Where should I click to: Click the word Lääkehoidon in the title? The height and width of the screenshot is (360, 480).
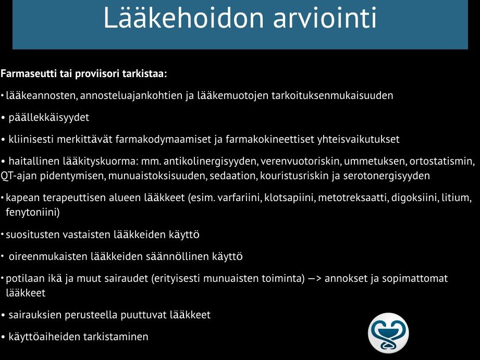183,17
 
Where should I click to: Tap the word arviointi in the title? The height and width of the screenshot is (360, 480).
325,17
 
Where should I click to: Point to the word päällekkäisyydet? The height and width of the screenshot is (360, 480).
48,118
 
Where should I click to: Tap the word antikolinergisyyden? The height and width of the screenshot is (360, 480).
211,162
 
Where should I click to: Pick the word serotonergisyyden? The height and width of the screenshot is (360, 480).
386,176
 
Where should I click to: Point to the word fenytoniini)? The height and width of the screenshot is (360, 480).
33,213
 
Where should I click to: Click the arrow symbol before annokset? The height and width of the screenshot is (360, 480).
314,279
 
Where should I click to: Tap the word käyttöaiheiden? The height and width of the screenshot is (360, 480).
44,337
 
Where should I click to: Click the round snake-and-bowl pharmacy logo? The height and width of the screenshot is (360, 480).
388,333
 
